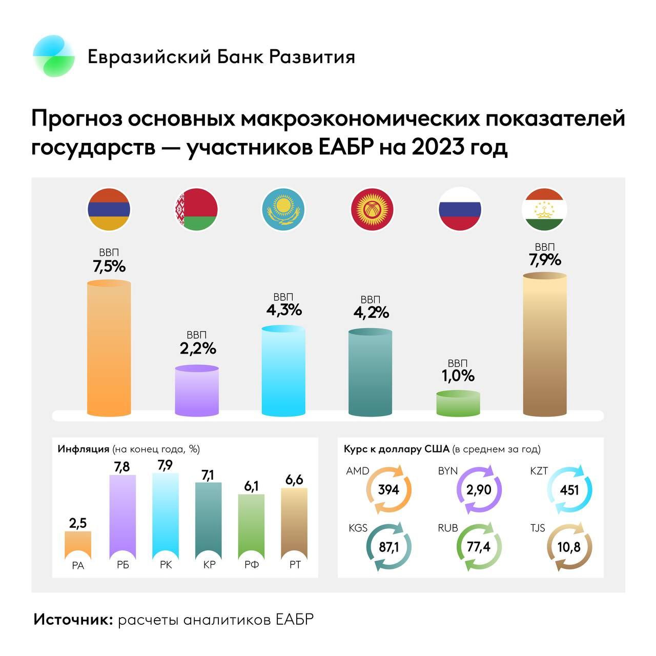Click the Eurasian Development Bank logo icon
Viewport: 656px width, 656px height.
[x=54, y=56]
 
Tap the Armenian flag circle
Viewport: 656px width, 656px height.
[x=109, y=210]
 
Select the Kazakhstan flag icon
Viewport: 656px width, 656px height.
[x=283, y=210]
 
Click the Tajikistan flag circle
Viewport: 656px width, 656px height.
[x=544, y=209]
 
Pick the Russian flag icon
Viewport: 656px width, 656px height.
[x=460, y=209]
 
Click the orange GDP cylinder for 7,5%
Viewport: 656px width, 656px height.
[x=109, y=348]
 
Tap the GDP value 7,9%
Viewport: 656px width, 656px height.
[x=545, y=260]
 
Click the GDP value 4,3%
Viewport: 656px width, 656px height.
[x=284, y=310]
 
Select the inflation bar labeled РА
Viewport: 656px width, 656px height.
[x=78, y=545]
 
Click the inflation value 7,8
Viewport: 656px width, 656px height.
[x=122, y=466]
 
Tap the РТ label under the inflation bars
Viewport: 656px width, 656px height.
[x=295, y=565]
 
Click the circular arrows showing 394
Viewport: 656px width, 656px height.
[x=389, y=490]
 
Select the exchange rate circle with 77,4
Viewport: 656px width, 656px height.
[x=479, y=547]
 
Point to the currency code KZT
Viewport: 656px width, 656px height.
[x=539, y=470]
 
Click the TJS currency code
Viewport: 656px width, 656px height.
[x=538, y=527]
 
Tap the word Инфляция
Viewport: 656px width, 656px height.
[x=83, y=449]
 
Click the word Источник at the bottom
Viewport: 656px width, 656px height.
[x=73, y=619]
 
